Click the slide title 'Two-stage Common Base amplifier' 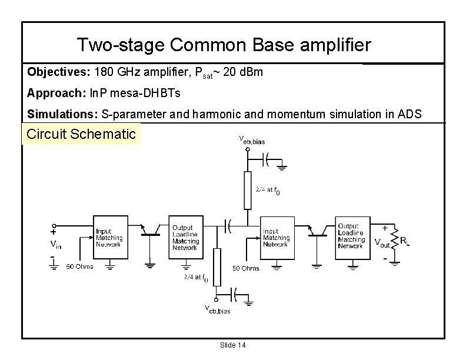point(224,45)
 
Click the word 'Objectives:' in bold point(56,72)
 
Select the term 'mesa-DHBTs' point(141,93)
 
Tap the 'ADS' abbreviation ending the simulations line point(411,114)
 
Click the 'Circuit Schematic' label point(82,134)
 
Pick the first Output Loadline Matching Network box point(185,236)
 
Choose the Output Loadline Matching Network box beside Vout point(351,236)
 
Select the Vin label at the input point(54,243)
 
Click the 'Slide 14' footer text point(232,345)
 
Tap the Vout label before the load point(382,241)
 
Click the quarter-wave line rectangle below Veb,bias point(247,191)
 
